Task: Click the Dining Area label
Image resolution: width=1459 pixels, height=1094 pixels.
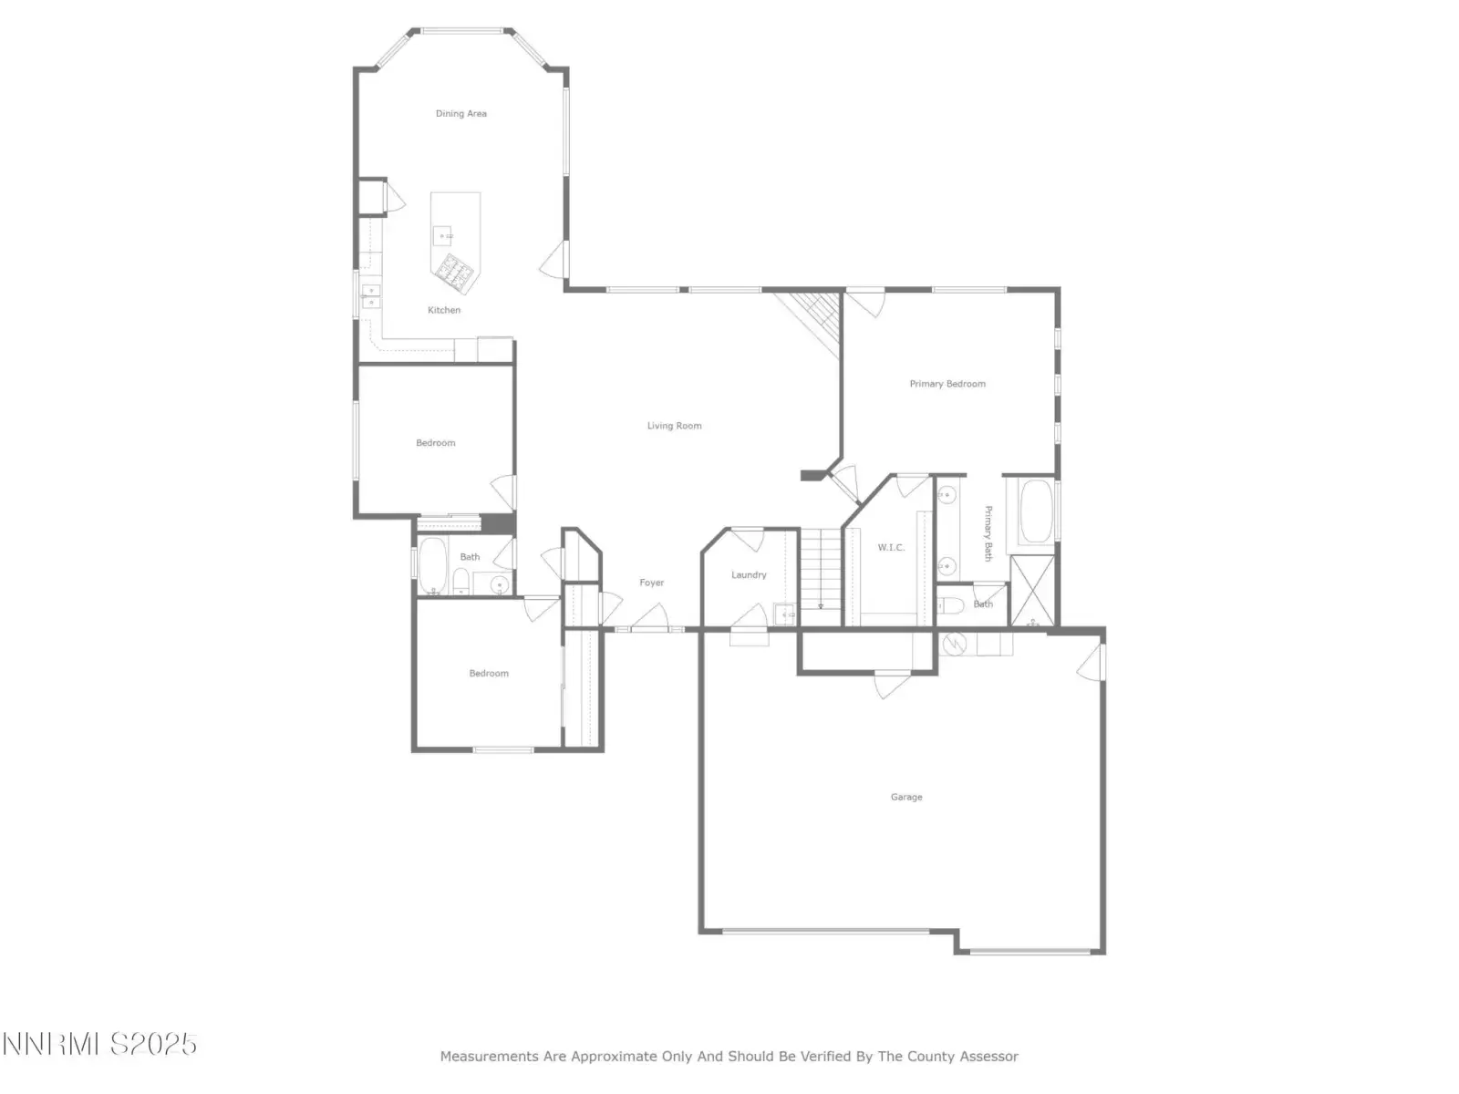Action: (x=460, y=114)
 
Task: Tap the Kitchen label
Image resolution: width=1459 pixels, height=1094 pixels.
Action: (x=443, y=310)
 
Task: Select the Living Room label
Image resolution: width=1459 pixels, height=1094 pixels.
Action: (x=674, y=426)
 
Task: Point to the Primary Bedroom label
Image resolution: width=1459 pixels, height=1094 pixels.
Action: (x=947, y=384)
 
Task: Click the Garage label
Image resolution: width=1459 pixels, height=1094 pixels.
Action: (x=906, y=797)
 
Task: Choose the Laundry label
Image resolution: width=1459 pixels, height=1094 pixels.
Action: (x=749, y=575)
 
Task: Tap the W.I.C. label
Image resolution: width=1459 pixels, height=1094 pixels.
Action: (x=891, y=547)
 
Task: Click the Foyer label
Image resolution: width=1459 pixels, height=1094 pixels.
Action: (x=651, y=583)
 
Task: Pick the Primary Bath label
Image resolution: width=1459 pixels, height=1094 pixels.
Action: (x=988, y=533)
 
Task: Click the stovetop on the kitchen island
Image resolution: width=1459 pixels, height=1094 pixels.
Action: (x=455, y=273)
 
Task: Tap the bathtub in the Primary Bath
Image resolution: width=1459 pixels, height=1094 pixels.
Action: (x=1035, y=511)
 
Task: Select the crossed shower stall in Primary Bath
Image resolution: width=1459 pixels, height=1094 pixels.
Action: (x=1031, y=591)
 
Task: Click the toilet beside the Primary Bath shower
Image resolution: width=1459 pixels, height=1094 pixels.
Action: (x=950, y=605)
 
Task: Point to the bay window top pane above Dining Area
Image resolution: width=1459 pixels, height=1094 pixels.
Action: (x=462, y=31)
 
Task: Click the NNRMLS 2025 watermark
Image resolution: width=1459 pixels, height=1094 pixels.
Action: (x=99, y=1044)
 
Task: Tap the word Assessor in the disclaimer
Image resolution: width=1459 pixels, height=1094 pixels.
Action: (x=990, y=1056)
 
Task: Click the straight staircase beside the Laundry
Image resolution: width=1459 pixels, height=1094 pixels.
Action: (x=821, y=576)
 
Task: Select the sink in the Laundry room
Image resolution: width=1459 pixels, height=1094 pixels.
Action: (x=784, y=614)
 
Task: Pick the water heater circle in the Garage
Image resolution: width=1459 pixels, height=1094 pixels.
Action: (x=954, y=644)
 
